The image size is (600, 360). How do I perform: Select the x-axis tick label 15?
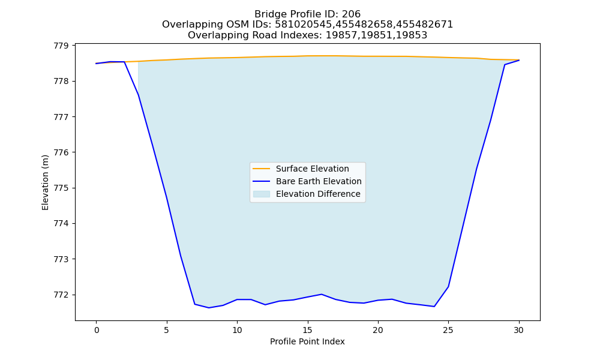(307, 330)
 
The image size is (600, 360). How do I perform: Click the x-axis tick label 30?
(518, 330)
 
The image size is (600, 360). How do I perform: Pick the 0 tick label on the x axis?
(97, 330)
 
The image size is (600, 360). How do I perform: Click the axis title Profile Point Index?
(307, 341)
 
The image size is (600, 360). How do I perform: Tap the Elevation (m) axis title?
(45, 182)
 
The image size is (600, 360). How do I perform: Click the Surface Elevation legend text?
(312, 169)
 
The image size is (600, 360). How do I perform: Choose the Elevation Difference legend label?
(318, 194)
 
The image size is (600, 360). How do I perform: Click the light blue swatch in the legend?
(262, 194)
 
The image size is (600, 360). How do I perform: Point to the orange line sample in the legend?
(262, 169)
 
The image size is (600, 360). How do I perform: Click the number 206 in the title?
(351, 14)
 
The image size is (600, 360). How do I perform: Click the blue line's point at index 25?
(448, 287)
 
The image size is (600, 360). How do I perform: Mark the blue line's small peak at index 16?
(322, 294)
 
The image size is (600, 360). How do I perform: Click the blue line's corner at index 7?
(195, 304)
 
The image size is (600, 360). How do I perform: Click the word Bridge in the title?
(268, 14)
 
